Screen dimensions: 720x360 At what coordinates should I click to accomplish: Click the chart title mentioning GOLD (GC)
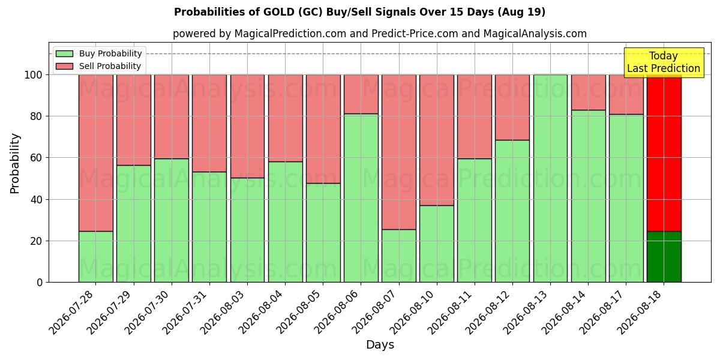(359, 12)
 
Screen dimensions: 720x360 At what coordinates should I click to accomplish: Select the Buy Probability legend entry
(98, 53)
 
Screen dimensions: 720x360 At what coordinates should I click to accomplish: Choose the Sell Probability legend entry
(98, 66)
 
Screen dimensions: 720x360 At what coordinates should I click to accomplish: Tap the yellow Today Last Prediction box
(664, 62)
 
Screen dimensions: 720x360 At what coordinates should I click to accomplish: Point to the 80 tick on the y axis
(35, 116)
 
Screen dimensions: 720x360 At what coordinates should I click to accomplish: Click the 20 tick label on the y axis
(35, 241)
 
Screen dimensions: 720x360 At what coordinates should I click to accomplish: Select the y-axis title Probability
(15, 163)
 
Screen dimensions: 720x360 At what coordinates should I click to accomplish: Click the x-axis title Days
(380, 344)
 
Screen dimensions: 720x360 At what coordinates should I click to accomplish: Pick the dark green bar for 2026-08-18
(664, 257)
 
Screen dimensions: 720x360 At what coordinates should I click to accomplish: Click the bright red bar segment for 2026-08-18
(664, 153)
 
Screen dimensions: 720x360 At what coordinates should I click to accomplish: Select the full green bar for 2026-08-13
(550, 178)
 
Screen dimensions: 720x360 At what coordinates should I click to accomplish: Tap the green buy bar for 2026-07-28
(96, 257)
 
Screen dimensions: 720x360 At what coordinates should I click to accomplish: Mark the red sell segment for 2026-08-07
(399, 152)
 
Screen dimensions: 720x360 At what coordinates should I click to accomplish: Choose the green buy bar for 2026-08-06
(361, 198)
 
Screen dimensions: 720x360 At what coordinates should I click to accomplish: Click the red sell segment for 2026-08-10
(437, 140)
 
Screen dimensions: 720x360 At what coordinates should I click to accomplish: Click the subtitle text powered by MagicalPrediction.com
(380, 34)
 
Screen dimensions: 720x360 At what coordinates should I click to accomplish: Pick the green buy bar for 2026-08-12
(512, 211)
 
